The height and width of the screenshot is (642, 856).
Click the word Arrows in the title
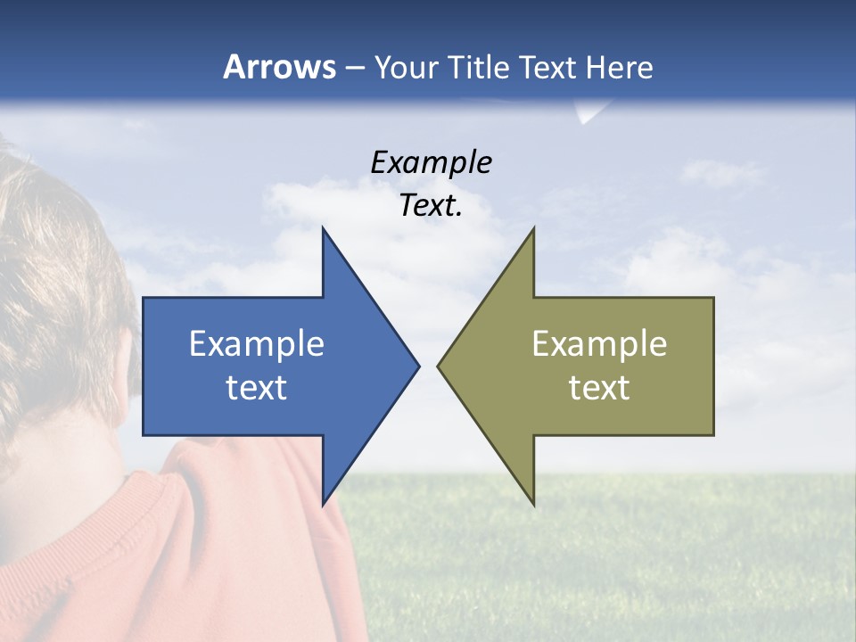tap(279, 67)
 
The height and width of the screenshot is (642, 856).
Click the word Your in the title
tap(406, 68)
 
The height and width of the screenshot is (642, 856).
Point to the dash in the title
tap(354, 68)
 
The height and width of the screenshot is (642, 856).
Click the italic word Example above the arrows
tap(431, 163)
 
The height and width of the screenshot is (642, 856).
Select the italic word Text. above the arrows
tap(431, 206)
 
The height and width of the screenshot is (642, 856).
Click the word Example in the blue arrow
tap(257, 344)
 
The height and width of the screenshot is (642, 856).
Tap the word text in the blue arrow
tap(257, 388)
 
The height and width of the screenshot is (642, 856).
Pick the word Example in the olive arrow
tap(599, 344)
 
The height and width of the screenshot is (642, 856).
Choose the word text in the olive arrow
tap(599, 388)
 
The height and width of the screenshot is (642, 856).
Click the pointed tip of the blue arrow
tap(417, 366)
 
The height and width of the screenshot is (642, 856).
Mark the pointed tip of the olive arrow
tap(439, 366)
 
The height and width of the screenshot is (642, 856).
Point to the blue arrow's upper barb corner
tap(323, 230)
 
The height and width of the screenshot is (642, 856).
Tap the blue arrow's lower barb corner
tap(323, 503)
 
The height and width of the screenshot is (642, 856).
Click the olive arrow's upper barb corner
tap(533, 230)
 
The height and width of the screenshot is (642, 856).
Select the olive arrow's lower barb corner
tap(533, 503)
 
